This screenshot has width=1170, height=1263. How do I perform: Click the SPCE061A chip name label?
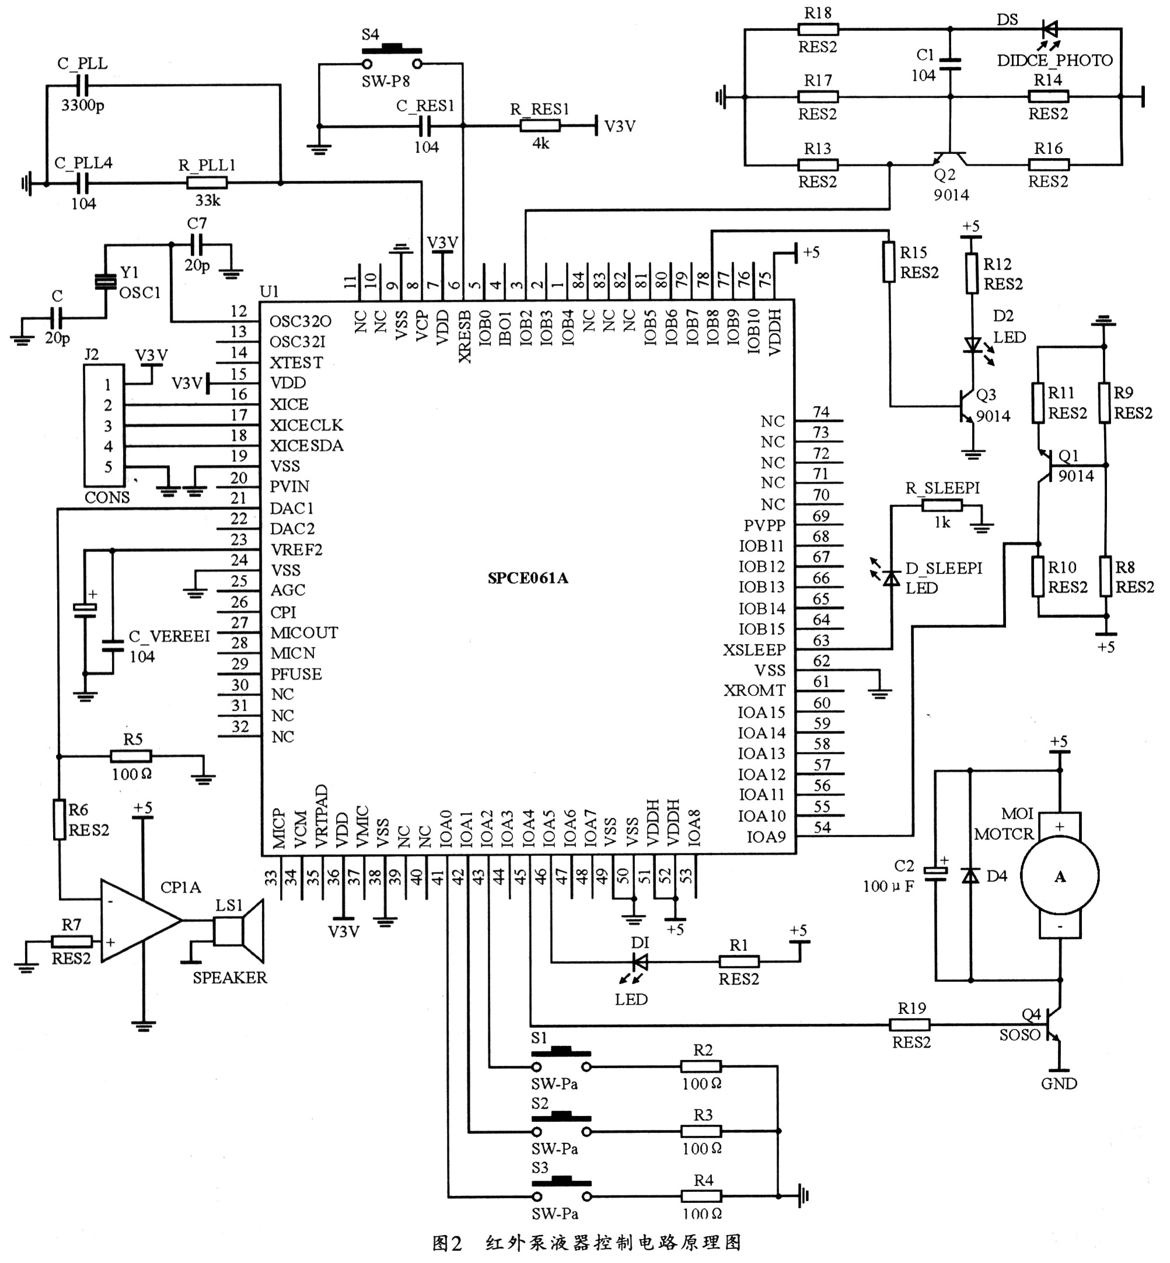pyautogui.click(x=528, y=578)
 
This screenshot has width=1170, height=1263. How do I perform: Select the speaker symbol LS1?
pyautogui.click(x=239, y=932)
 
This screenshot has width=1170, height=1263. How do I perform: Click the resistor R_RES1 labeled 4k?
pyautogui.click(x=539, y=126)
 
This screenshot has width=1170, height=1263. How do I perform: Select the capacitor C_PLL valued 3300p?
pyautogui.click(x=82, y=85)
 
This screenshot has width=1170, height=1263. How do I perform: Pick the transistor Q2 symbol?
pyautogui.click(x=949, y=158)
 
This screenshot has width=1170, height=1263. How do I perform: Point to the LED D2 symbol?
pyautogui.click(x=972, y=345)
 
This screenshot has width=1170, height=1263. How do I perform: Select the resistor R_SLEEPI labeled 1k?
pyautogui.click(x=941, y=505)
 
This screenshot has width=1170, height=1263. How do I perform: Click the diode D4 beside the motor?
pyautogui.click(x=969, y=876)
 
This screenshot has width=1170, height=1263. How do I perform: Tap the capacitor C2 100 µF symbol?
pyautogui.click(x=935, y=873)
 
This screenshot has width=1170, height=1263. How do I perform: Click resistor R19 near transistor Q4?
pyautogui.click(x=910, y=1024)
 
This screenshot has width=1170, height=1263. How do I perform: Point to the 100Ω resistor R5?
pyautogui.click(x=131, y=755)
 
